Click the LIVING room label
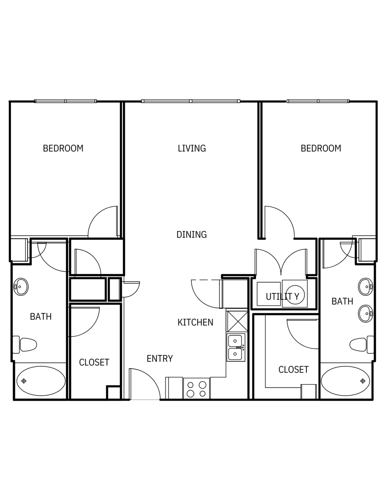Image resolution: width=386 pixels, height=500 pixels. click(x=192, y=148)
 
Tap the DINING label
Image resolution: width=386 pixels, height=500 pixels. click(x=192, y=234)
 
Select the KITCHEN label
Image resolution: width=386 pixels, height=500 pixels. click(x=195, y=322)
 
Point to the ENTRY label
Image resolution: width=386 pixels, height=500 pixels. click(x=160, y=359)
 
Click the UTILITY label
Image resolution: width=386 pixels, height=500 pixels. click(x=282, y=297)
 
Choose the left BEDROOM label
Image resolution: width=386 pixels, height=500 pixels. click(x=63, y=149)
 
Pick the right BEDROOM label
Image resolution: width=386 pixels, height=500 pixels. click(x=321, y=149)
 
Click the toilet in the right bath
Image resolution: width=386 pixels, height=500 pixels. click(x=362, y=345)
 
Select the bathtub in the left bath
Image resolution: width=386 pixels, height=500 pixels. click(x=41, y=381)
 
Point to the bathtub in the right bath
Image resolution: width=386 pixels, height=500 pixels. click(x=345, y=381)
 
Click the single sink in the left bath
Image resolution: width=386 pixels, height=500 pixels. click(x=21, y=287)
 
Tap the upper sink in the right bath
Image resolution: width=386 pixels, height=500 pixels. click(x=365, y=287)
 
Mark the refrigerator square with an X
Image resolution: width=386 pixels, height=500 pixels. click(x=237, y=321)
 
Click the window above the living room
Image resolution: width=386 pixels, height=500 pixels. click(x=191, y=101)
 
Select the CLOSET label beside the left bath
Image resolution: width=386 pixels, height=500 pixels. click(x=94, y=362)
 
